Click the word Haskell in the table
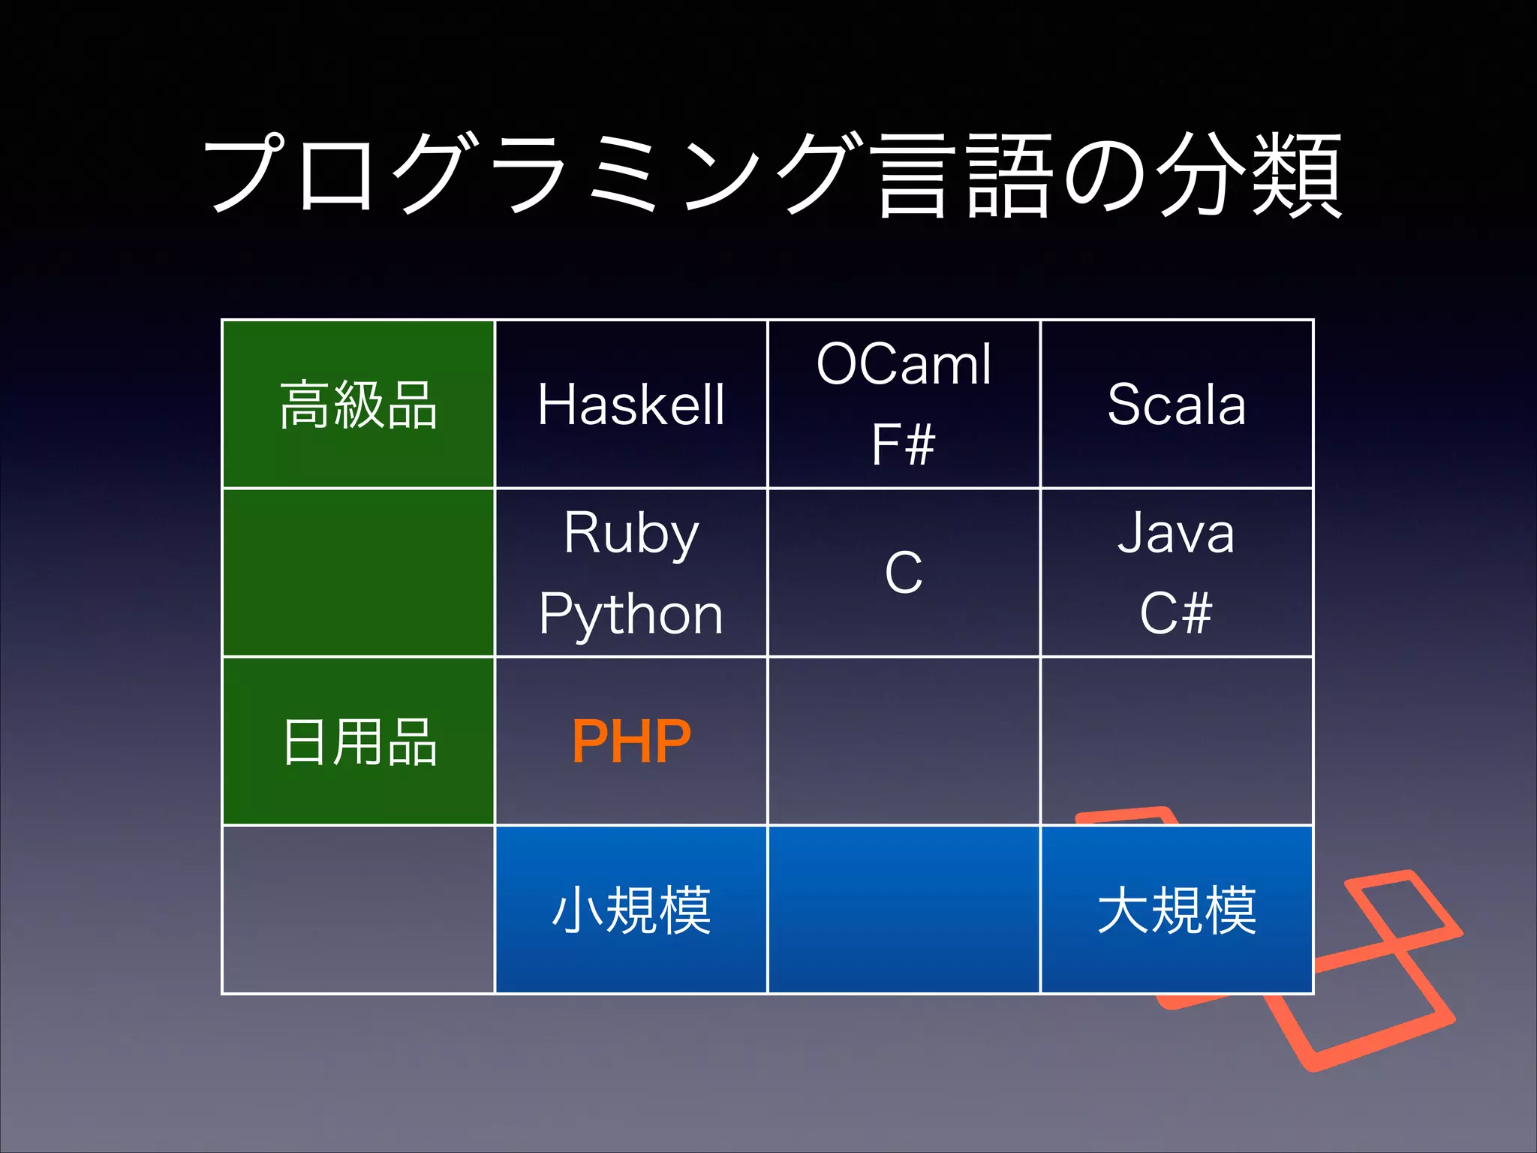[631, 405]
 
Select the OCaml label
[904, 365]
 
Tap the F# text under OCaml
[904, 444]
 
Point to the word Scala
[1176, 405]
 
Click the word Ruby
[631, 534]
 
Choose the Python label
[631, 614]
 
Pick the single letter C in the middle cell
[904, 573]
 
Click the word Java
[1176, 534]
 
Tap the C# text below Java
[1176, 613]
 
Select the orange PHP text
[631, 742]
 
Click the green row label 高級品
[359, 405]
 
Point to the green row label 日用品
[359, 742]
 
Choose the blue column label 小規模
[631, 910]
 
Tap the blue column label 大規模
[1176, 910]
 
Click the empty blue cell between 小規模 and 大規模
[904, 910]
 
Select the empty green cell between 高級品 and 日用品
[359, 573]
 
